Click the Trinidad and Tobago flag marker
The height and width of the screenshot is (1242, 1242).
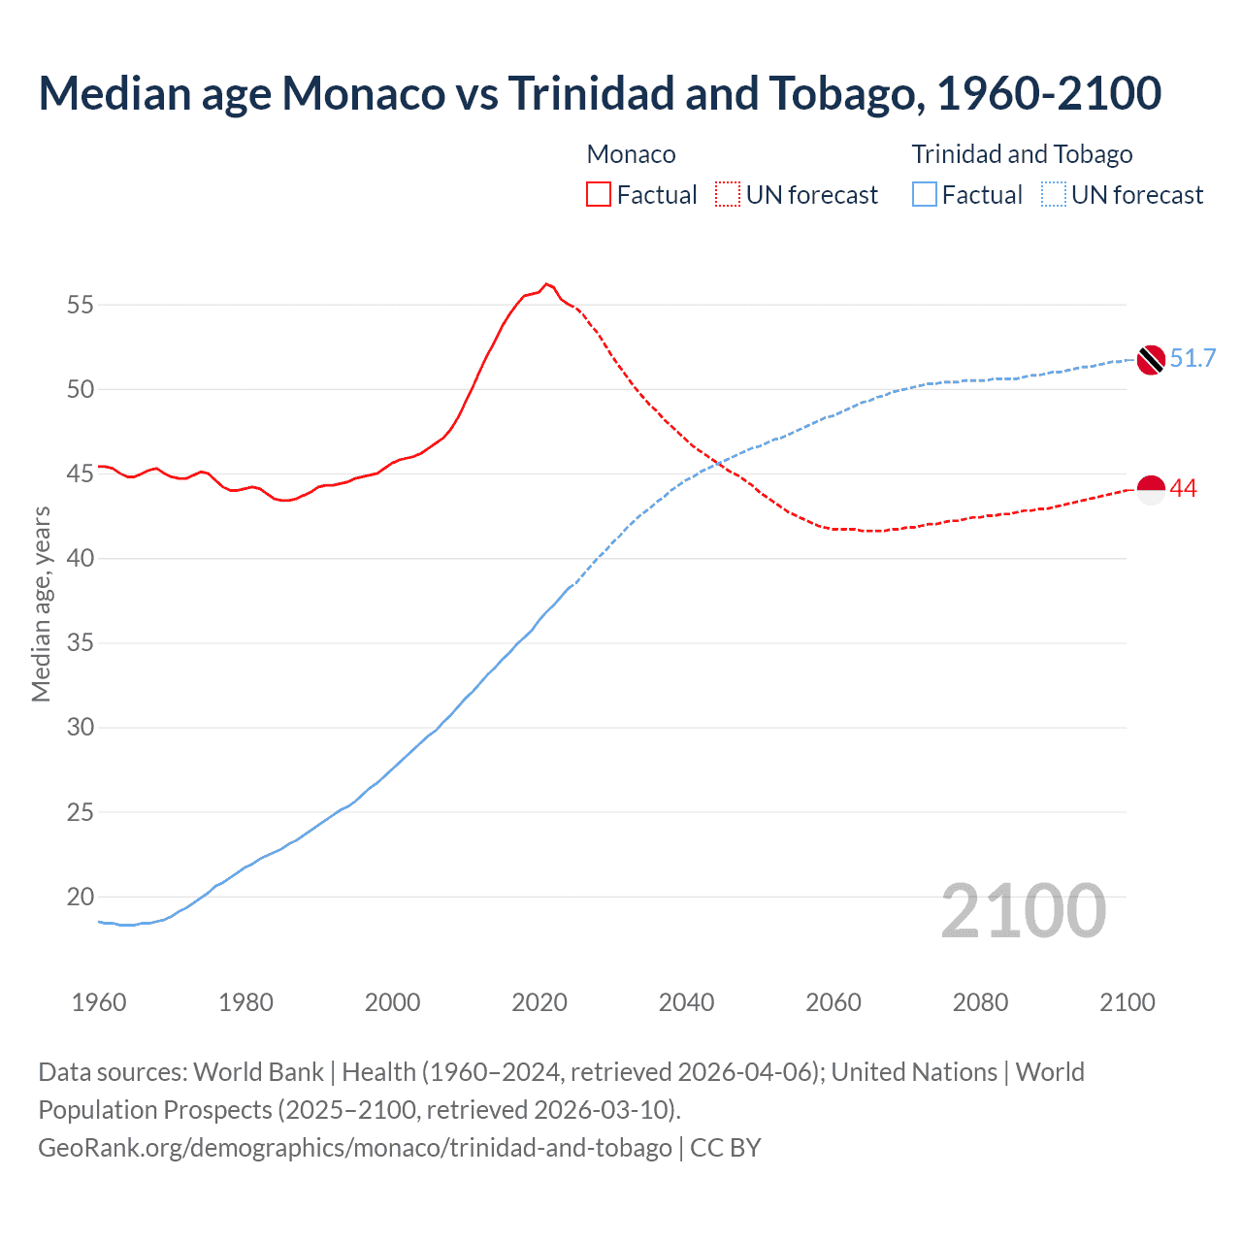coord(1151,360)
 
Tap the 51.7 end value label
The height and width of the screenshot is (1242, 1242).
coord(1193,359)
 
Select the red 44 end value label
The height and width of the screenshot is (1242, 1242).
coord(1184,489)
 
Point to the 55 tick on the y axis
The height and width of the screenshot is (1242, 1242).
coord(81,306)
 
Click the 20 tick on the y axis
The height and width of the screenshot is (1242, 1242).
coord(81,898)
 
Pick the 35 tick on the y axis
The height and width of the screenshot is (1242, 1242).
coord(81,643)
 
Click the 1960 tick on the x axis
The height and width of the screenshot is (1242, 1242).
coord(99,1002)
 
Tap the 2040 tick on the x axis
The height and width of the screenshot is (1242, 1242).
coord(686,1002)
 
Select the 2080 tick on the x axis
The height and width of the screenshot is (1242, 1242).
coord(980,1002)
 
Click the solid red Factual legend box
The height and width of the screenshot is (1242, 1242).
coord(599,195)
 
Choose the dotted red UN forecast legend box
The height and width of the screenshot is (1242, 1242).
coord(728,195)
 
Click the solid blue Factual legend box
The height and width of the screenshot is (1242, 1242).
coord(925,195)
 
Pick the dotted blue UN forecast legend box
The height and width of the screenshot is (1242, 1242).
coord(1054,195)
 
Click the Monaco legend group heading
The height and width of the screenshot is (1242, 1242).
coord(631,154)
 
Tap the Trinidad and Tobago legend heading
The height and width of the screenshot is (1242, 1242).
coord(1022,154)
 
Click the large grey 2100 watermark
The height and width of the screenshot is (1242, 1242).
coord(1023,911)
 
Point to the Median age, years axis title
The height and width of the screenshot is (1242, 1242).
coord(41,604)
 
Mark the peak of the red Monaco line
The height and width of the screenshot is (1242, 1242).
coord(546,283)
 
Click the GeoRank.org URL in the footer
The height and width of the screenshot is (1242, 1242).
coord(355,1148)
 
